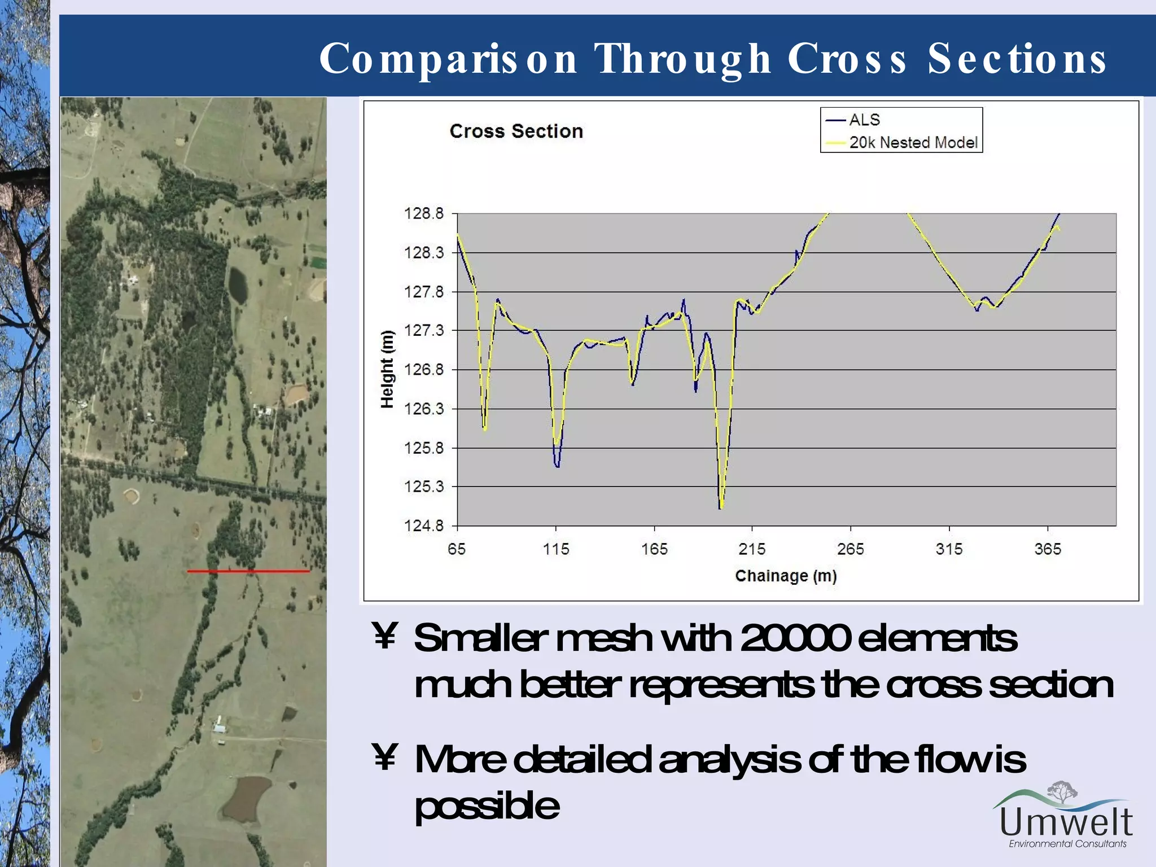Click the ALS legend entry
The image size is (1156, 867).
[864, 120]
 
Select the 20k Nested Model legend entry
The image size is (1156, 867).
[913, 142]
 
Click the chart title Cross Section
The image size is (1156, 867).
[516, 131]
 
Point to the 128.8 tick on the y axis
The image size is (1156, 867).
[424, 213]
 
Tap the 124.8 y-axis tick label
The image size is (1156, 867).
[424, 526]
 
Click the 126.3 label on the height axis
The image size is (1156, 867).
[424, 408]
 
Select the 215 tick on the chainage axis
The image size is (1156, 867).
[752, 549]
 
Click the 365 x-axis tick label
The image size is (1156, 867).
[1048, 549]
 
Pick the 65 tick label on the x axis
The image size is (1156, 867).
[457, 549]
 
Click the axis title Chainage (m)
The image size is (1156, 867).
[786, 576]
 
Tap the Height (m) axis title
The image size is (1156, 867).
[387, 369]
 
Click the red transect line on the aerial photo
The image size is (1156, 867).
[248, 571]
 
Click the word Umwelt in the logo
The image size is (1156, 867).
[1066, 822]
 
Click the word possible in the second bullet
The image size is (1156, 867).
[487, 805]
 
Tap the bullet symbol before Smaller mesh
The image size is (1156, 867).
[385, 636]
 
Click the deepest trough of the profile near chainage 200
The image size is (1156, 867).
[721, 506]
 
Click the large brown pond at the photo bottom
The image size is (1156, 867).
[247, 797]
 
